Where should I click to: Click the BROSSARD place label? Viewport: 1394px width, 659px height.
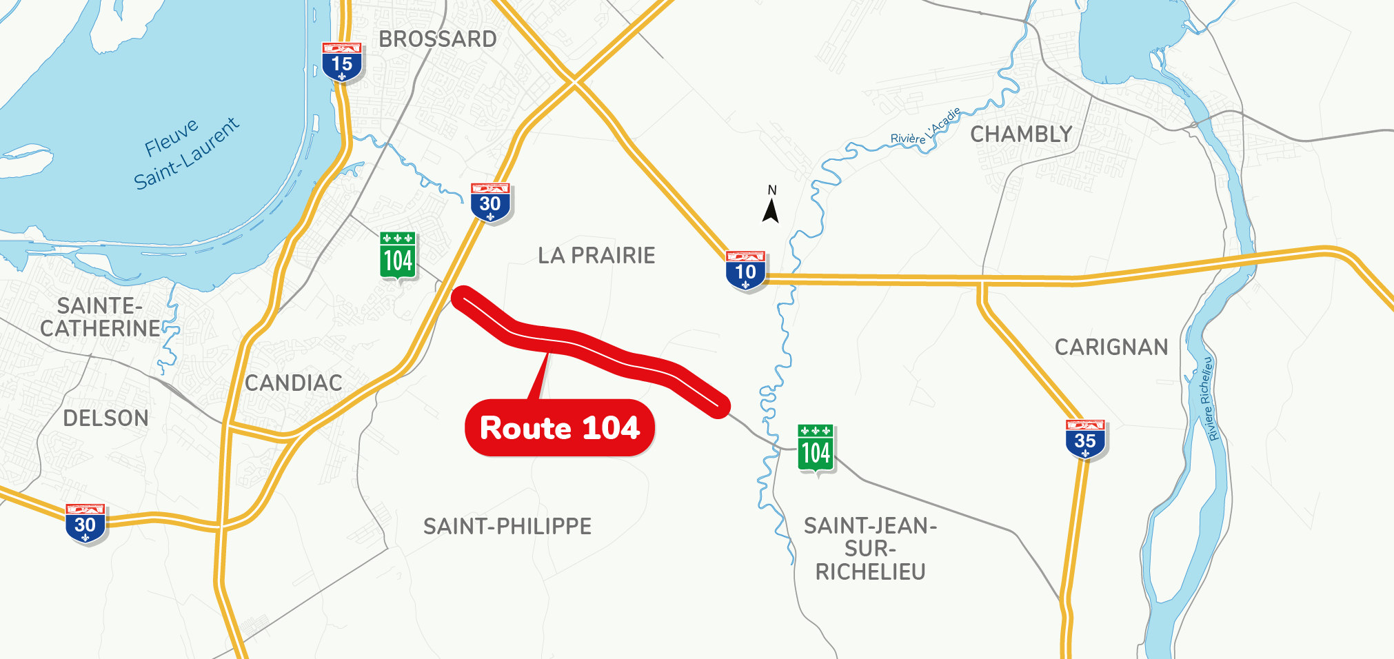(438, 39)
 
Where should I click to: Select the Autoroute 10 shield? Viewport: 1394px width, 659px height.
(745, 271)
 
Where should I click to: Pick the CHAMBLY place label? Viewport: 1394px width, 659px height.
(1021, 134)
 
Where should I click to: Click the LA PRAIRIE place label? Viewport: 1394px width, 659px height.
(596, 256)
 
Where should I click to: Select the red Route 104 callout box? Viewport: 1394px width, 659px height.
(560, 428)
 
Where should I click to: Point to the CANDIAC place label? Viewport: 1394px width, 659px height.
(294, 383)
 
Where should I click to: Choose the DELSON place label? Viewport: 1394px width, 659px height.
(105, 418)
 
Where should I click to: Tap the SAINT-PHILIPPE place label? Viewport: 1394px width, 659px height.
(507, 527)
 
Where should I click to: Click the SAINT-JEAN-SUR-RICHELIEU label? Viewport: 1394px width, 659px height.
(870, 549)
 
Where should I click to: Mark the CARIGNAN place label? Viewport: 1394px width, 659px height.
(1111, 347)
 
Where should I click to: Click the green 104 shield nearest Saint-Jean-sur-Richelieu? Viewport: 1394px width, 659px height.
(816, 450)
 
